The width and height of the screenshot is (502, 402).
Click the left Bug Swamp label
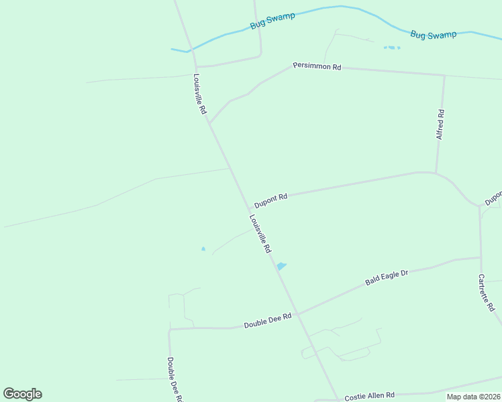point(272,20)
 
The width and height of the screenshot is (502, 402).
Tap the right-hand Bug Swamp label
point(433,34)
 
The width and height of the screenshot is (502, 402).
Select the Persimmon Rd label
point(317,66)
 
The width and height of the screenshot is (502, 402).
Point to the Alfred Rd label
point(440,124)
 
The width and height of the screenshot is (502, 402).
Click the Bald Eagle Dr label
point(387,277)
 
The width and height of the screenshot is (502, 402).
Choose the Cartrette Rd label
point(487,292)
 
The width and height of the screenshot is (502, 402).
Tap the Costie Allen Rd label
point(369,396)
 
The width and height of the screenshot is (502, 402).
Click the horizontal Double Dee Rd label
point(268,320)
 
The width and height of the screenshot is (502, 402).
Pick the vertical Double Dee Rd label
point(174,379)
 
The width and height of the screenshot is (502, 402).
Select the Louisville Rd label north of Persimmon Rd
point(199,93)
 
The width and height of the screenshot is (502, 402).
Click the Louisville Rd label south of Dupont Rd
point(260,233)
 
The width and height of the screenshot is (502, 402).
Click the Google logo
point(22,394)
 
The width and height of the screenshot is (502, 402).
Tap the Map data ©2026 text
point(472,397)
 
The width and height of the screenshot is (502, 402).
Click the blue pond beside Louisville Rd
point(282,266)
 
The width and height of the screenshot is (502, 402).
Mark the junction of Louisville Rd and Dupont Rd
point(249,207)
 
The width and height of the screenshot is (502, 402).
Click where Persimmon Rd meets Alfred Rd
point(444,75)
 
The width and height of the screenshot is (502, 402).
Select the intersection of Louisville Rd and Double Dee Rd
point(297,314)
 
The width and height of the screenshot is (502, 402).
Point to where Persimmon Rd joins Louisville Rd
point(210,123)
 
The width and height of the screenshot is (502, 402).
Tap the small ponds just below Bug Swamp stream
point(391,48)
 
